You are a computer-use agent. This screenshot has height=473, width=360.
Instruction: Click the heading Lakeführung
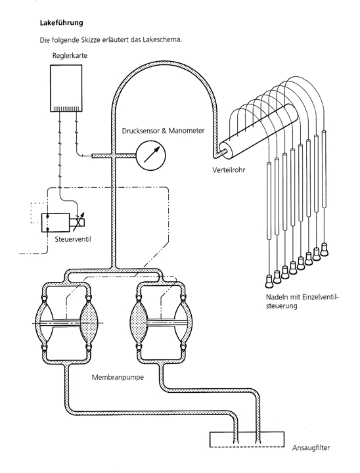tap(61, 23)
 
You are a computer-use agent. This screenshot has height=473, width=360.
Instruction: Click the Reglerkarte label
tap(70, 55)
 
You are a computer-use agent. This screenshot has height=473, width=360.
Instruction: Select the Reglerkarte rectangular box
tap(66, 88)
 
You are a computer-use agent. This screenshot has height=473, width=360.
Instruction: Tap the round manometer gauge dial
tap(151, 156)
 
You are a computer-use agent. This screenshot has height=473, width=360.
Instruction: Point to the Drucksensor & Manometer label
tap(163, 131)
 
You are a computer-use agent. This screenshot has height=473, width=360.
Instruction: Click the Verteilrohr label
tap(229, 170)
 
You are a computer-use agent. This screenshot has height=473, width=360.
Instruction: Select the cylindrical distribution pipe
tap(258, 131)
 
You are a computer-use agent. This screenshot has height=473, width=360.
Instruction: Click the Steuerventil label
tap(73, 239)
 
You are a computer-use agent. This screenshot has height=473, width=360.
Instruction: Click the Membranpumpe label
tap(118, 377)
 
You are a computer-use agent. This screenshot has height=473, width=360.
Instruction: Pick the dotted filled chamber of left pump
tap(89, 323)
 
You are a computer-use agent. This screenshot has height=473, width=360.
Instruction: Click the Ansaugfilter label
tap(311, 447)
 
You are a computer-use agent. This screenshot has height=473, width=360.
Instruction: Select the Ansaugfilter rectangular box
tap(247, 439)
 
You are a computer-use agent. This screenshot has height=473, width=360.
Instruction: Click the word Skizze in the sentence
tap(90, 40)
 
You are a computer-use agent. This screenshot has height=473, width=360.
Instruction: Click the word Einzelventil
tap(321, 297)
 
